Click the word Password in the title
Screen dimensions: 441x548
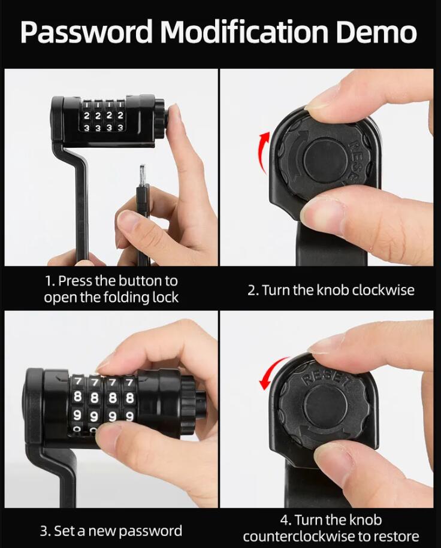coord(86,32)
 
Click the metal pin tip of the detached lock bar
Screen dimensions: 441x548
coord(143,176)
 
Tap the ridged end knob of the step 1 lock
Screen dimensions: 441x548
coord(159,116)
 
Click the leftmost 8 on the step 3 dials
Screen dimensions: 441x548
coord(78,397)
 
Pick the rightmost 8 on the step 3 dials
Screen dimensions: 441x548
coord(130,398)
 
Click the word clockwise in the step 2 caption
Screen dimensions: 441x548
coord(383,290)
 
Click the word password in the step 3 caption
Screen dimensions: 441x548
coord(151,531)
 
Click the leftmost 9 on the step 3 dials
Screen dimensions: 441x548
coord(78,415)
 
